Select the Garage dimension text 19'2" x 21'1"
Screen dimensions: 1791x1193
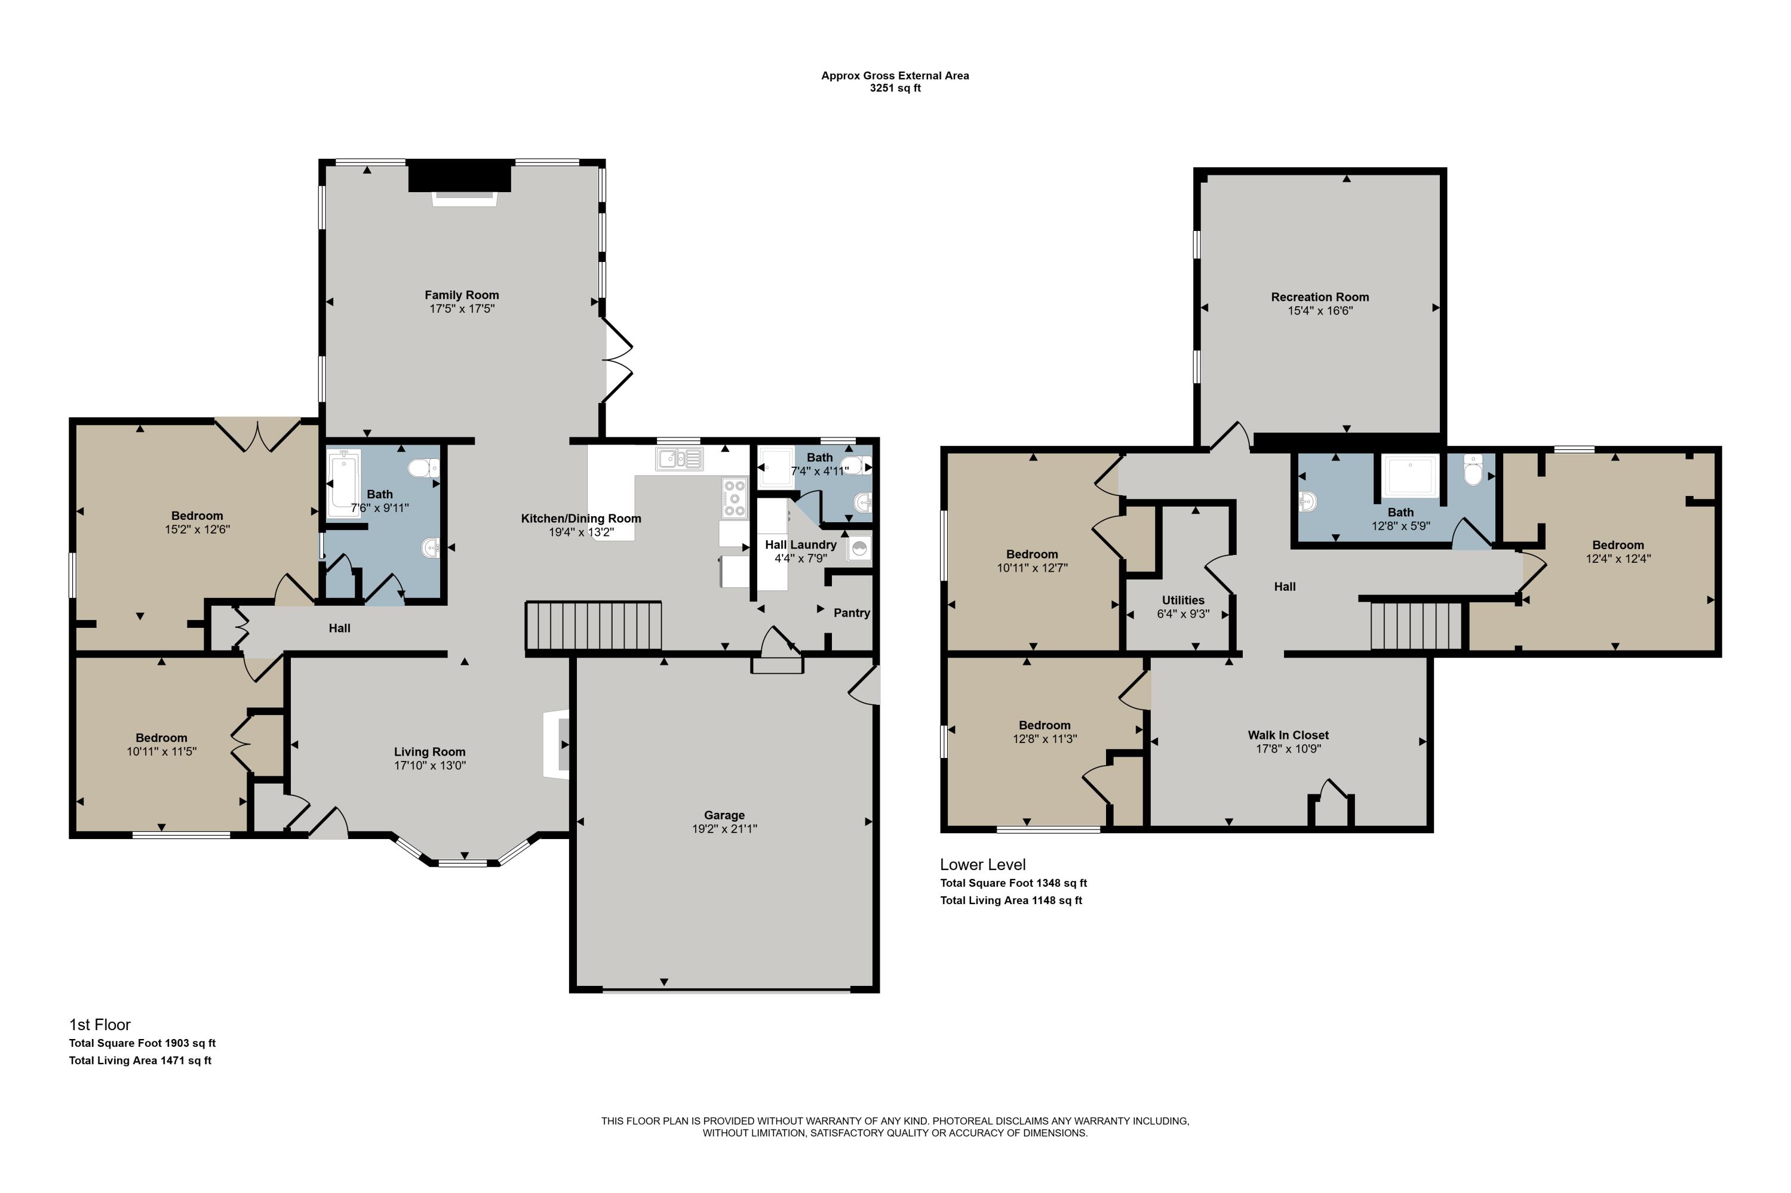[724, 828]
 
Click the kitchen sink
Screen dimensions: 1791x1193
[678, 459]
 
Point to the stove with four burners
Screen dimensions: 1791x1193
[734, 498]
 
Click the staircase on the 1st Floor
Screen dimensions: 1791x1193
[594, 625]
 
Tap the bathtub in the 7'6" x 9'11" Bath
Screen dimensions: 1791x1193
[343, 485]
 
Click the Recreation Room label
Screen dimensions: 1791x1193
[1320, 297]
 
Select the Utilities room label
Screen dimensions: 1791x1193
[1183, 600]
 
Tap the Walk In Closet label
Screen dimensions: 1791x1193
[1288, 735]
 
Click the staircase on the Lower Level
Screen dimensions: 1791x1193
[1417, 625]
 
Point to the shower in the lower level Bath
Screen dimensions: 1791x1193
[1411, 476]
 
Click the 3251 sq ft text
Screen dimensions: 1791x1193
[895, 88]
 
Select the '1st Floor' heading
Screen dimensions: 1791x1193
[100, 1025]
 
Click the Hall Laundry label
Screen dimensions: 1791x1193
[801, 545]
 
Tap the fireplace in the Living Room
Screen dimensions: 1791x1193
[557, 744]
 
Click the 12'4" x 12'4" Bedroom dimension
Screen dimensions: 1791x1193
[1618, 559]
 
